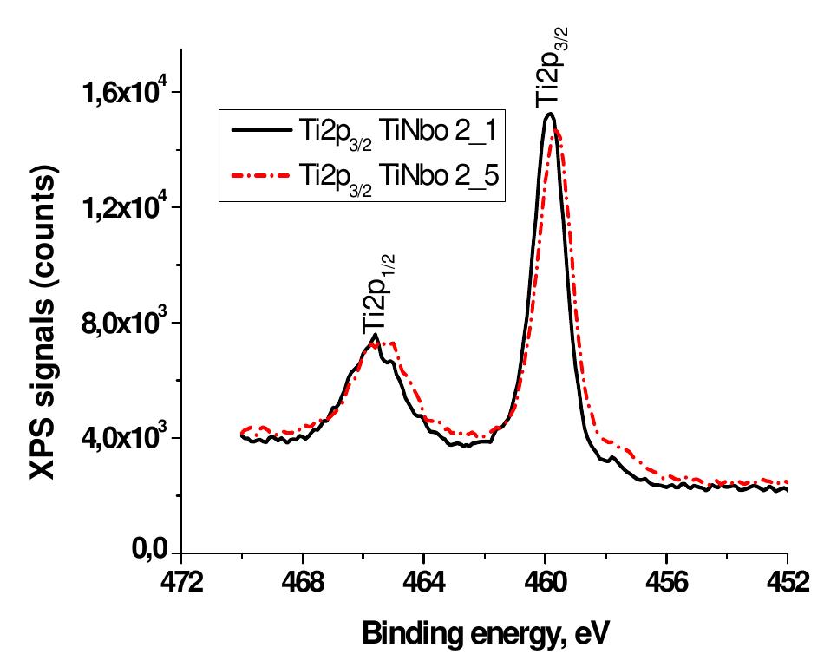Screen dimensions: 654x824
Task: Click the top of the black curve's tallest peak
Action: coord(548,114)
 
